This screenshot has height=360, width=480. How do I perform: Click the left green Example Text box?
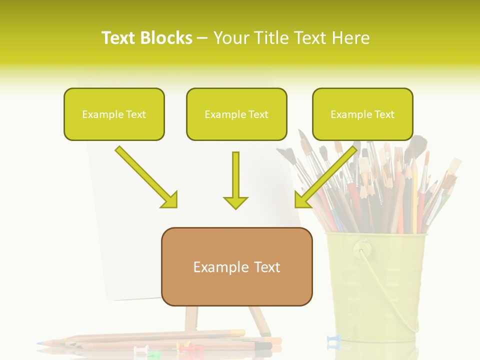[114, 114]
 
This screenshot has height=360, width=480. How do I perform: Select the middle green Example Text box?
[236, 114]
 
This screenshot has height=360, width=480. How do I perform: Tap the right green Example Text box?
[362, 114]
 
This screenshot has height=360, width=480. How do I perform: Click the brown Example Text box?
[236, 266]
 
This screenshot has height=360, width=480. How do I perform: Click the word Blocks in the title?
[166, 38]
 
